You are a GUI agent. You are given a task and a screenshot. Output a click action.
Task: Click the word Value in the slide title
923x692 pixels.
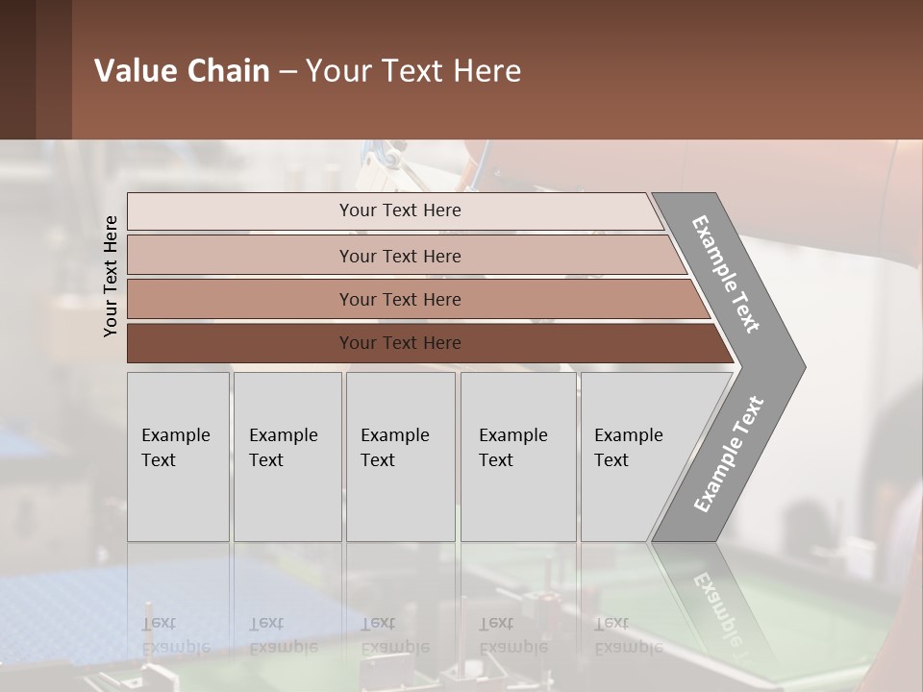pyautogui.click(x=133, y=71)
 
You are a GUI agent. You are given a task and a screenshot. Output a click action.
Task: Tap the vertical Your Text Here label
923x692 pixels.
pyautogui.click(x=111, y=277)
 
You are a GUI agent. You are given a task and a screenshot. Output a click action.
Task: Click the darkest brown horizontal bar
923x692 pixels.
pyautogui.click(x=240, y=343)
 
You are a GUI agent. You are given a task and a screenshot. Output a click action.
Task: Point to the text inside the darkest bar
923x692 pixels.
pyautogui.click(x=400, y=343)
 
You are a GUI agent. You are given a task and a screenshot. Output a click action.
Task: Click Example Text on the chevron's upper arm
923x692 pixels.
pyautogui.click(x=726, y=274)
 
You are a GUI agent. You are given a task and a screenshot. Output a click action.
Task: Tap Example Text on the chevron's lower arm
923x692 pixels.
pyautogui.click(x=729, y=455)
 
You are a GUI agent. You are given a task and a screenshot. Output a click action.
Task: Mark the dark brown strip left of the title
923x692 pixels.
pyautogui.click(x=36, y=69)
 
